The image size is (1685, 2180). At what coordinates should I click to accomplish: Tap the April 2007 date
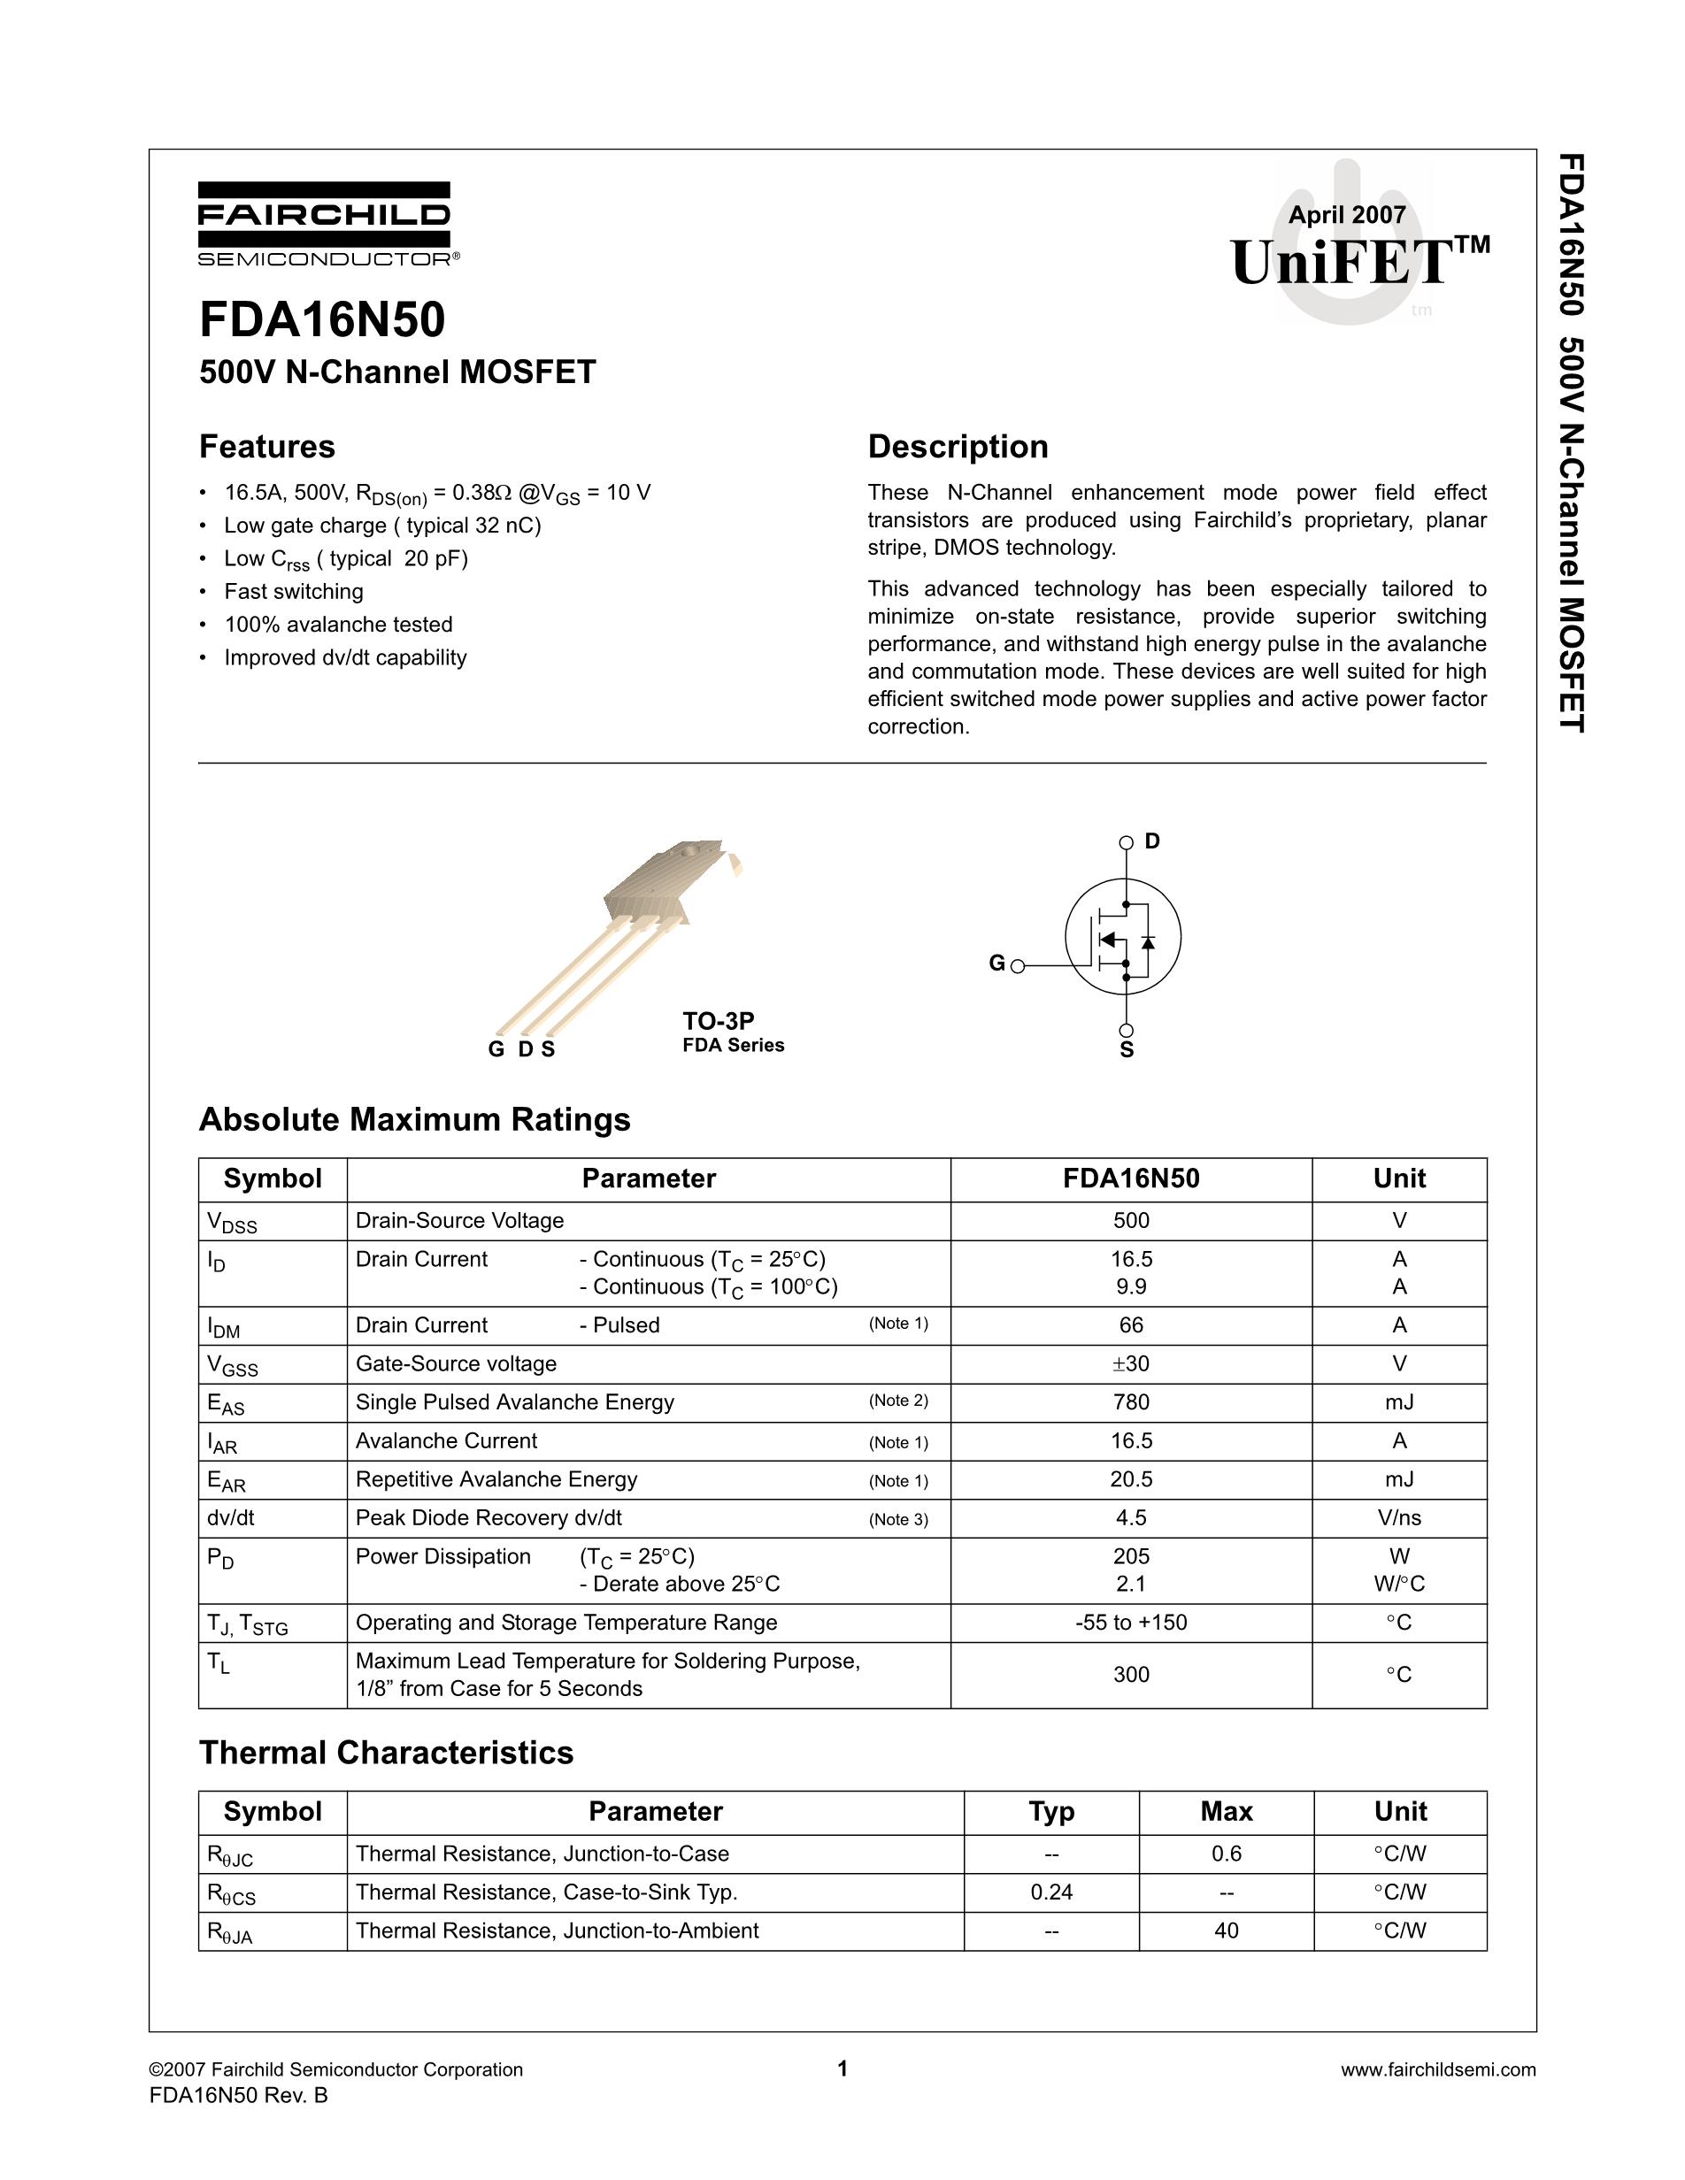coord(1347,215)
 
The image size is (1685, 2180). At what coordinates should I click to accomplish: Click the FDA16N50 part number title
coord(322,320)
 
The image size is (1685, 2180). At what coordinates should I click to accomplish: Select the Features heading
coord(266,446)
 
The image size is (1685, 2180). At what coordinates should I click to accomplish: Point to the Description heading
coord(958,446)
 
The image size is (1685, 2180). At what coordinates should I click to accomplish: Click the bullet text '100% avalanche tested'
coord(337,625)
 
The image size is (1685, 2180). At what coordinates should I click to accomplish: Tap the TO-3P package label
coord(718,1021)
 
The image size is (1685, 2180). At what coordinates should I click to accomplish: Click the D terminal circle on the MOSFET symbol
coord(1126,842)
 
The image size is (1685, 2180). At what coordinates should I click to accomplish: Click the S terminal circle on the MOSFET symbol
coord(1126,1031)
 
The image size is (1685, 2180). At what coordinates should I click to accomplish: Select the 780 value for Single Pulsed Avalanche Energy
coord(1131,1402)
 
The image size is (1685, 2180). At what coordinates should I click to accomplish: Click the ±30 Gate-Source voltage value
coord(1131,1363)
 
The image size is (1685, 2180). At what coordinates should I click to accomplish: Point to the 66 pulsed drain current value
coord(1131,1325)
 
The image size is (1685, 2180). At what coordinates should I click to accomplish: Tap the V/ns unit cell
coord(1398,1518)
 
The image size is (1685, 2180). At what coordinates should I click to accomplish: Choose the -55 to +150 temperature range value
coord(1131,1623)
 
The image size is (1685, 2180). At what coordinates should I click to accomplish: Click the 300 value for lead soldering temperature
coord(1131,1675)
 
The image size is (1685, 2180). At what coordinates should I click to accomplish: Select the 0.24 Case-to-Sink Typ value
coord(1051,1892)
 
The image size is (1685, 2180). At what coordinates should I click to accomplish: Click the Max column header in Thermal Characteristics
coord(1226,1812)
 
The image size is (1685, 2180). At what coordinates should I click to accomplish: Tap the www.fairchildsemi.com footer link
coord(1437,2070)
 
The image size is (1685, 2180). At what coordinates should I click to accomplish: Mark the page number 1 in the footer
coord(842,2069)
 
